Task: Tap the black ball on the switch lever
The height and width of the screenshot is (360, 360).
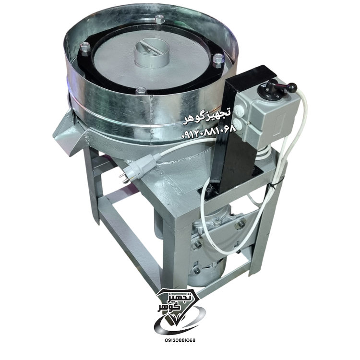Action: point(292,87)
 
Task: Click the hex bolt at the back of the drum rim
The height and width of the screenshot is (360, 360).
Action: point(159,19)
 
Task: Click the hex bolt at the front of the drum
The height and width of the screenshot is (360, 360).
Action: point(141,91)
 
